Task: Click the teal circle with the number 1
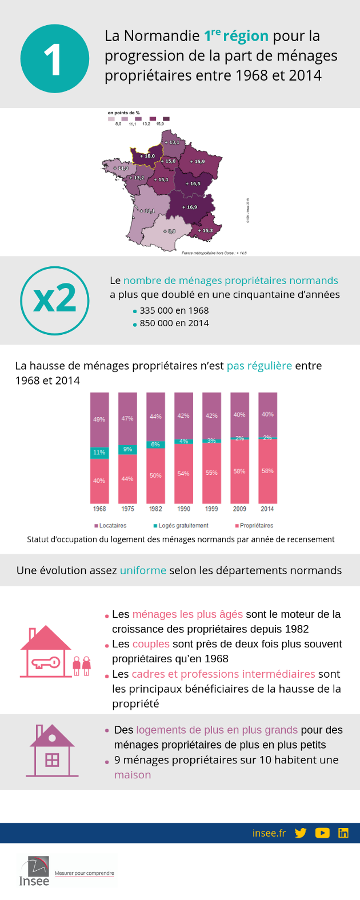pyautogui.click(x=54, y=58)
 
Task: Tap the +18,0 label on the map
pyautogui.click(x=147, y=156)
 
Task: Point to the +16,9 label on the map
pyautogui.click(x=190, y=207)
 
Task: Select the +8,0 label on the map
pyautogui.click(x=169, y=231)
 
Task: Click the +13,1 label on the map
pyautogui.click(x=172, y=142)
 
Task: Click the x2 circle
pyautogui.click(x=55, y=300)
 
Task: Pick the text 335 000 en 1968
pyautogui.click(x=174, y=310)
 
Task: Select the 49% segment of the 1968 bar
pyautogui.click(x=99, y=419)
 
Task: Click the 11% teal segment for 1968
pyautogui.click(x=99, y=453)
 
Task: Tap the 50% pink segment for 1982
pyautogui.click(x=155, y=475)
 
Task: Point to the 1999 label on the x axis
pyautogui.click(x=211, y=509)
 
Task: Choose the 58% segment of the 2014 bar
pyautogui.click(x=267, y=471)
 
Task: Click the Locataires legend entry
pyautogui.click(x=110, y=526)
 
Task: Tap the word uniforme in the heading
pyautogui.click(x=143, y=570)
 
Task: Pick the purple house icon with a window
pyautogui.click(x=52, y=750)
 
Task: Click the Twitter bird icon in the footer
pyautogui.click(x=301, y=833)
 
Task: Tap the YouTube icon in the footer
pyautogui.click(x=322, y=833)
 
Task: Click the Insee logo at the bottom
pyautogui.click(x=34, y=871)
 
